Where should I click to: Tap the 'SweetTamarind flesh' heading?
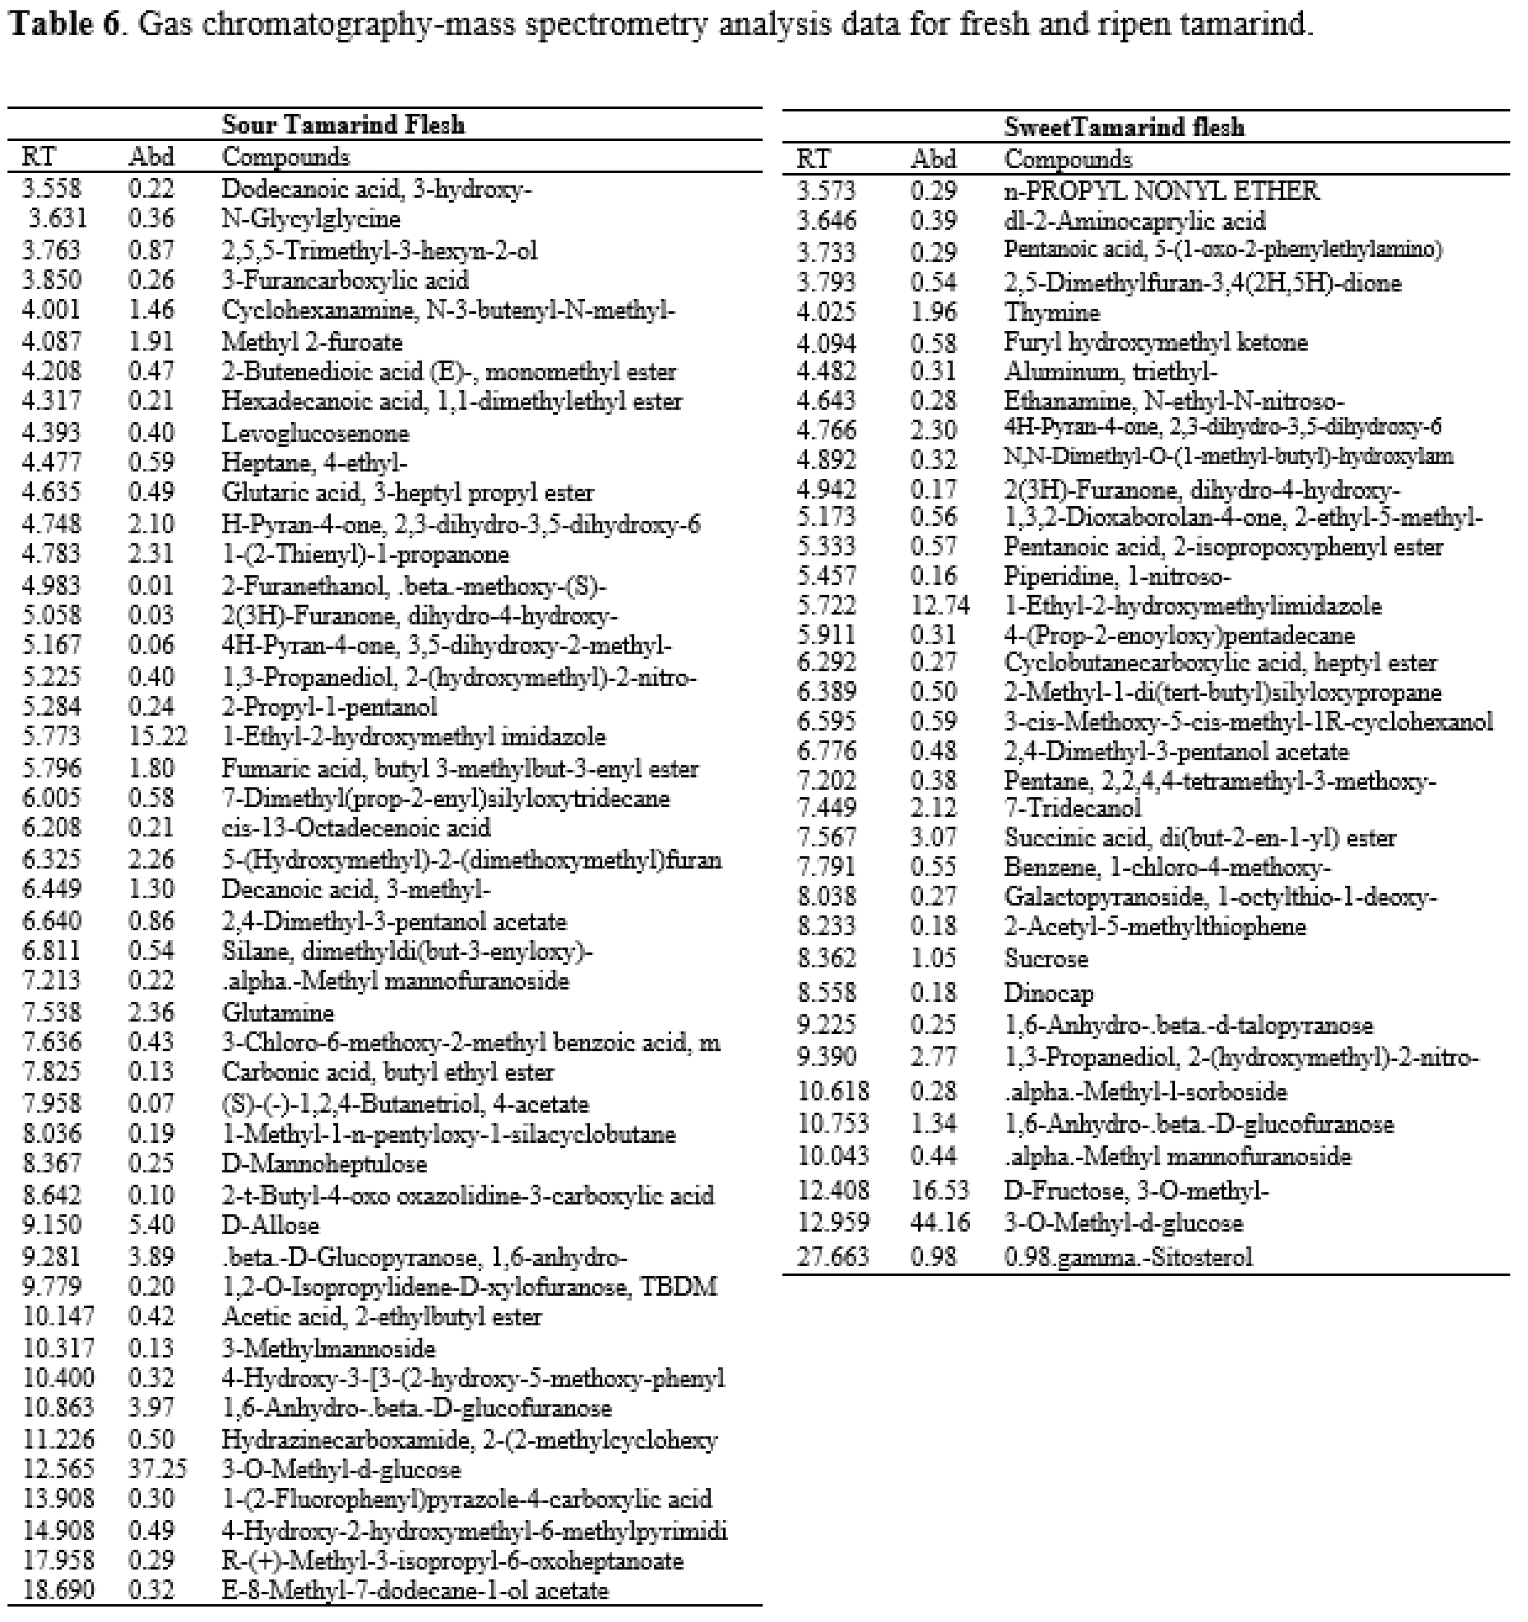pos(1124,127)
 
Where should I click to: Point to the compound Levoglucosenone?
pos(315,433)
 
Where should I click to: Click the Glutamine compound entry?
pos(278,1013)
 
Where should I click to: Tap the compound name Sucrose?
pos(1046,958)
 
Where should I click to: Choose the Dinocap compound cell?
pos(1048,993)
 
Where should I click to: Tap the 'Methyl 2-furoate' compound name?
pos(312,341)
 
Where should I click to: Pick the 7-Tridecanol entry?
pos(1072,808)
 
